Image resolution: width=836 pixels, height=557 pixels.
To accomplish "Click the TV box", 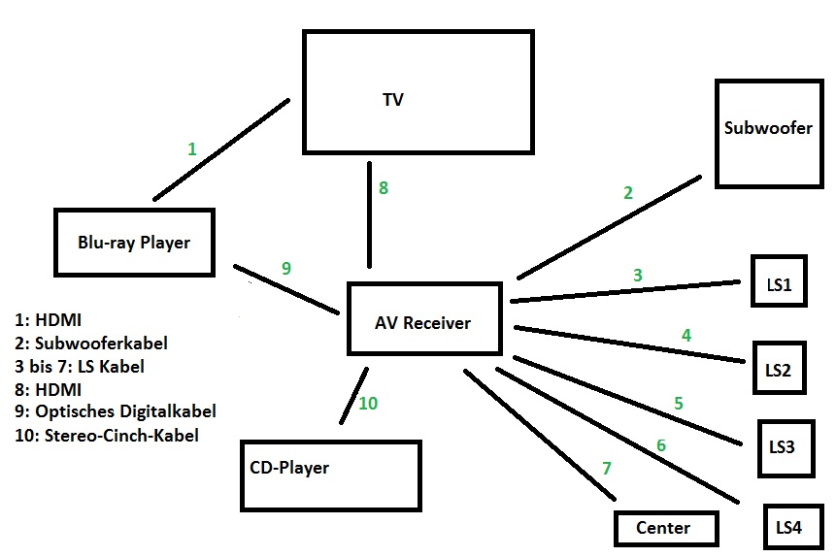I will (x=418, y=91).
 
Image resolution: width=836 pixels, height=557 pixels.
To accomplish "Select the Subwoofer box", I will (x=768, y=133).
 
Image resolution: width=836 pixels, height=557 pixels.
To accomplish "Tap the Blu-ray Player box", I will (x=134, y=243).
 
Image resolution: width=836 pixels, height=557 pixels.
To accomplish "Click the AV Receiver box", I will (x=424, y=319).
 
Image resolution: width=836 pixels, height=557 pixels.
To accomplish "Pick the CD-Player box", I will (x=330, y=475).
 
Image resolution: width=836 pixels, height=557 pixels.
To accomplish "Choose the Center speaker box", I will (x=665, y=528).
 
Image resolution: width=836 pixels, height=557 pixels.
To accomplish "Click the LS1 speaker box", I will (x=778, y=281).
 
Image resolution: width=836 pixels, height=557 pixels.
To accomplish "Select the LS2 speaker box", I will (x=778, y=368).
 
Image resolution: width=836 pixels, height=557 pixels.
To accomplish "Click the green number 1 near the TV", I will (x=192, y=148).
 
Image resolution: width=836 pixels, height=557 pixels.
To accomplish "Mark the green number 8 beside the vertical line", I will (x=384, y=188).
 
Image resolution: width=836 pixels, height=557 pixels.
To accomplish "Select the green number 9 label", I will (x=286, y=269).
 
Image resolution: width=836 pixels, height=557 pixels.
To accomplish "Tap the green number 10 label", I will (x=368, y=403).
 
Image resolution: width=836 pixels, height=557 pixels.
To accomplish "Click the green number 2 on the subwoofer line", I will (x=628, y=192).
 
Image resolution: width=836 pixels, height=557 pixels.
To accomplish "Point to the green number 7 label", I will (x=607, y=469).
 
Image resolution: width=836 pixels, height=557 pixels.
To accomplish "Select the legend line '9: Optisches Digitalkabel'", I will (x=116, y=411).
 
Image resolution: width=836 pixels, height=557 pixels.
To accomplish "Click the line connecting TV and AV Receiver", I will (x=369, y=213).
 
